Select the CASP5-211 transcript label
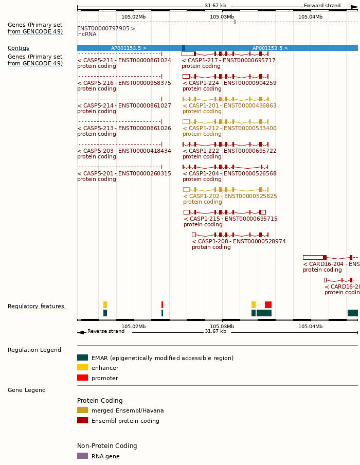[124, 60]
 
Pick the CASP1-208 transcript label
[239, 241]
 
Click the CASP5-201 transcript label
[124, 173]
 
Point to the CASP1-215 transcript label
[230, 219]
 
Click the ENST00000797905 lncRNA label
[106, 28]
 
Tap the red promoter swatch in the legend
[82, 378]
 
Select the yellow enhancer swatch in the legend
[82, 368]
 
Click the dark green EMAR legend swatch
[82, 357]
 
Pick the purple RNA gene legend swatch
[82, 456]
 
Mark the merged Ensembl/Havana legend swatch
[82, 410]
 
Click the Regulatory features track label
[36, 307]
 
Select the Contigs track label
[19, 48]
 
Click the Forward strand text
[322, 6]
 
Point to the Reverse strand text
[106, 331]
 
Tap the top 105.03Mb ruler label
[222, 17]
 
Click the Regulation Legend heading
[34, 350]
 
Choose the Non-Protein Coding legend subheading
[107, 446]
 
